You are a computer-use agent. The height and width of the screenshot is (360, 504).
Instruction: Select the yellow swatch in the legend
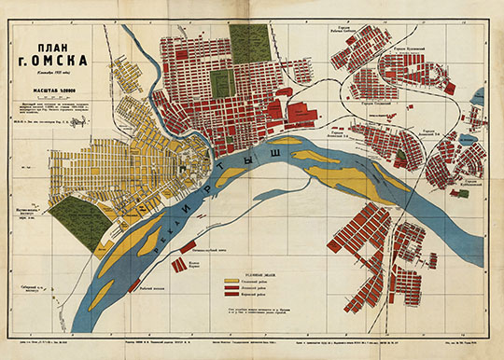231,277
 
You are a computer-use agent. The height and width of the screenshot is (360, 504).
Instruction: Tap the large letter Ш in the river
275,151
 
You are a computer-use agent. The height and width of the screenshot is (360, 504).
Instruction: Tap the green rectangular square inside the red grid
220,85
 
